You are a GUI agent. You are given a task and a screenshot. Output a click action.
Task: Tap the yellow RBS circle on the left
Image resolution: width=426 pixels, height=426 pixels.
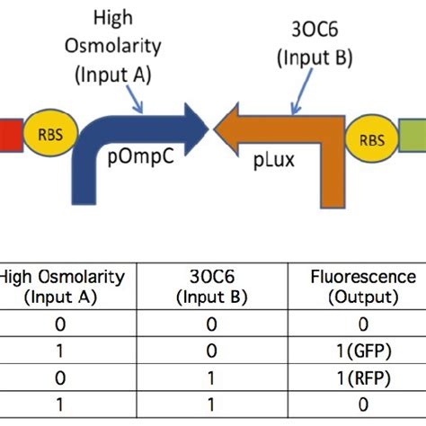(x=44, y=138)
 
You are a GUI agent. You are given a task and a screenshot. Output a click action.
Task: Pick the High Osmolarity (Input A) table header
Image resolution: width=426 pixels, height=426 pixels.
(x=62, y=286)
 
